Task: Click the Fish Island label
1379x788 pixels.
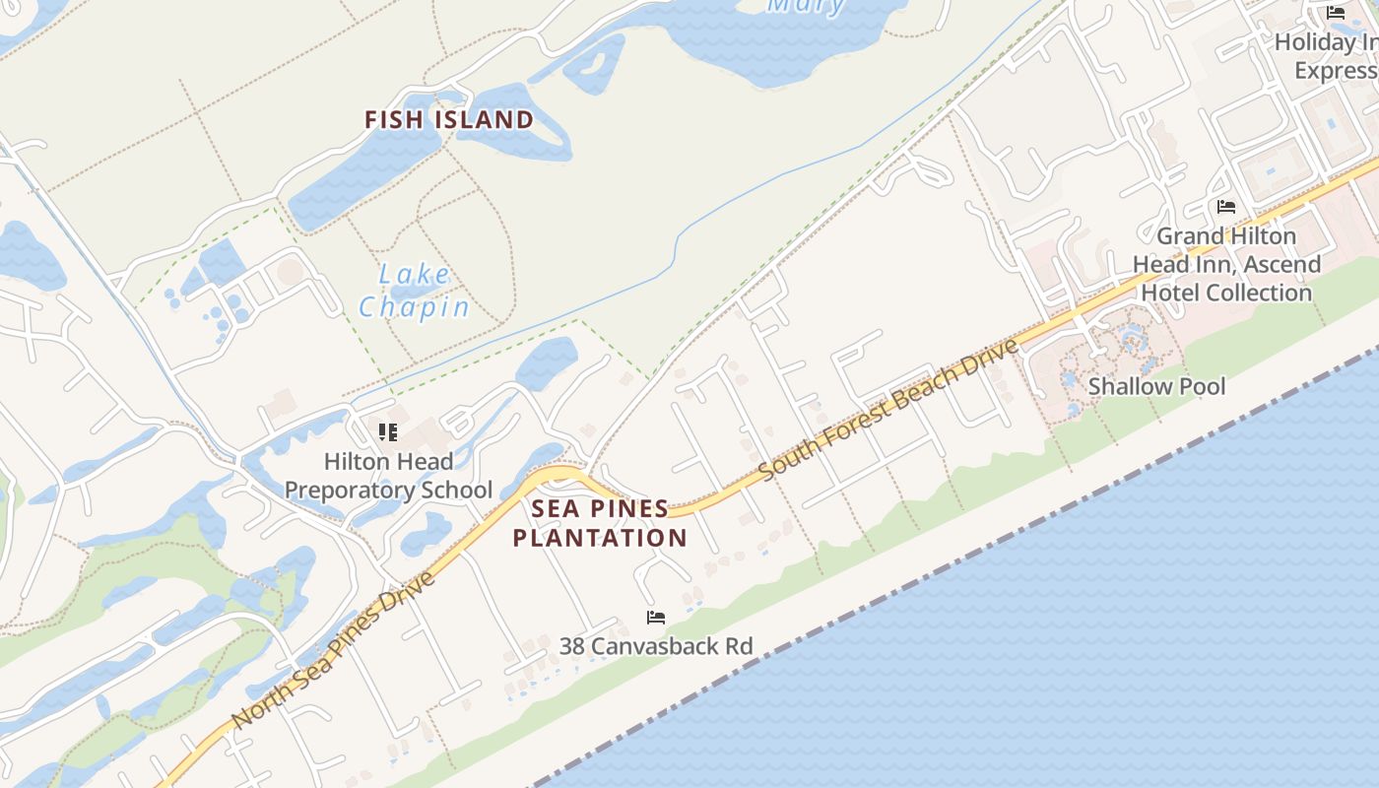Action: pos(449,120)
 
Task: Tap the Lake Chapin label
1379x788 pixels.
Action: pos(414,291)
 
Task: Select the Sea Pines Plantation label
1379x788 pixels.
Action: pos(600,523)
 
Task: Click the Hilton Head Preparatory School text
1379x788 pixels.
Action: pos(388,476)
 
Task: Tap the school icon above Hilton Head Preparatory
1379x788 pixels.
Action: pos(388,431)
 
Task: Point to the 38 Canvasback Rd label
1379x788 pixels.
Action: pos(656,646)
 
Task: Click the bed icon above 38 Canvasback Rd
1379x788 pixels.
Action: pos(656,618)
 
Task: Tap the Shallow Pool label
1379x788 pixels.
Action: pos(1156,386)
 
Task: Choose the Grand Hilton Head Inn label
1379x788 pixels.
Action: pos(1226,264)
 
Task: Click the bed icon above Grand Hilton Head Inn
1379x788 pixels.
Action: pos(1226,207)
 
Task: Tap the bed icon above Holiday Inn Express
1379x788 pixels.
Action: pos(1336,13)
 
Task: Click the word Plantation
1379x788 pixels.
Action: pos(600,538)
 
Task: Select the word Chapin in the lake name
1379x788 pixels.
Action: pos(414,307)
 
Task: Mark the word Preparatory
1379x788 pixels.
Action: pos(388,490)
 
